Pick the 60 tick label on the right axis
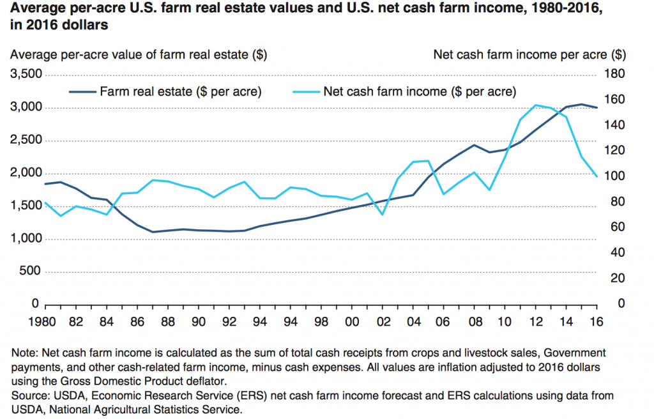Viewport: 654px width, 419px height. (610, 227)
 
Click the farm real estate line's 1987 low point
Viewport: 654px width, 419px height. (153, 232)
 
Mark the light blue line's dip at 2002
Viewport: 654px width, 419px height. (382, 215)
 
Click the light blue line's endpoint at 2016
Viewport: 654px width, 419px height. (597, 176)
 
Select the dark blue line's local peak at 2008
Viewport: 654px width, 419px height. (474, 145)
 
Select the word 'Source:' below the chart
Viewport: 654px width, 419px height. (29, 396)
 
